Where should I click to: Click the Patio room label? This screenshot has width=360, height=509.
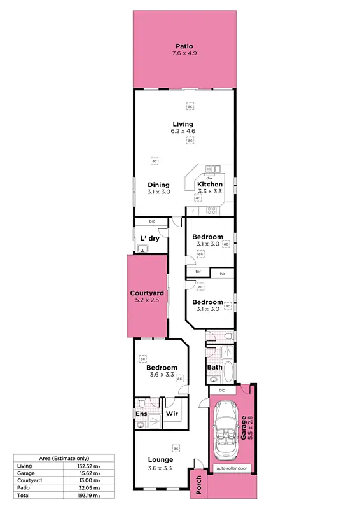[184, 46]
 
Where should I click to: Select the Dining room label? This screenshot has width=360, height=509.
[158, 185]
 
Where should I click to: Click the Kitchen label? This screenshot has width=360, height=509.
[209, 185]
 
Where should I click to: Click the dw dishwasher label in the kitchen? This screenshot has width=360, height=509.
[199, 178]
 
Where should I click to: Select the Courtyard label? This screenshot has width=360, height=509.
[147, 293]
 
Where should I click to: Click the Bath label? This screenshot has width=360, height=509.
[214, 367]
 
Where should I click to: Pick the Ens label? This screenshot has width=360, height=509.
[141, 414]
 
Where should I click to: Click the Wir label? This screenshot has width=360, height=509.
[171, 414]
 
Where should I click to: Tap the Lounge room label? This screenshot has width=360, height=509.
[161, 460]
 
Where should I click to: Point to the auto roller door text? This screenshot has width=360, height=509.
[232, 469]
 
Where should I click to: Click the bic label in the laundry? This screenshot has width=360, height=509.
[152, 221]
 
